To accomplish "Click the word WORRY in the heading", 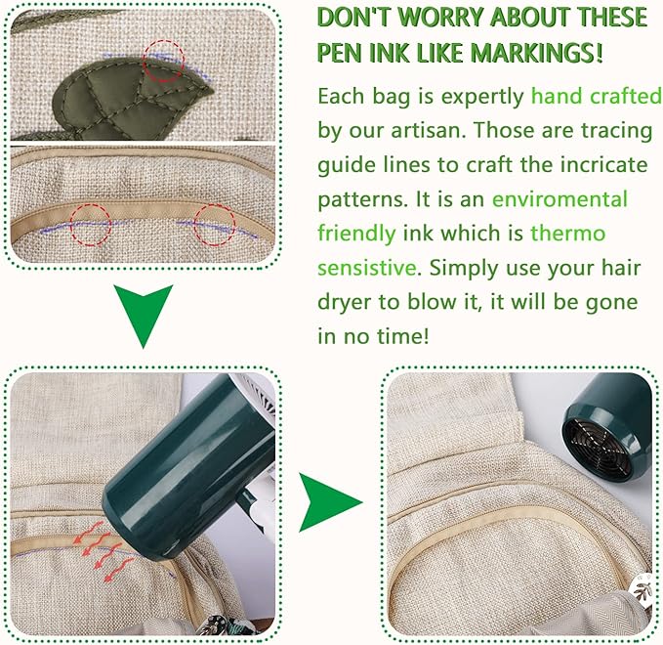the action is [x=441, y=18].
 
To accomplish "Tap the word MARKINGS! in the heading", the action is [x=536, y=53].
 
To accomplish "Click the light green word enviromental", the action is [x=559, y=199].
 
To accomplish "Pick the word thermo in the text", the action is [x=568, y=234].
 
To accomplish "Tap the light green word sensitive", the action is [x=367, y=268].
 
